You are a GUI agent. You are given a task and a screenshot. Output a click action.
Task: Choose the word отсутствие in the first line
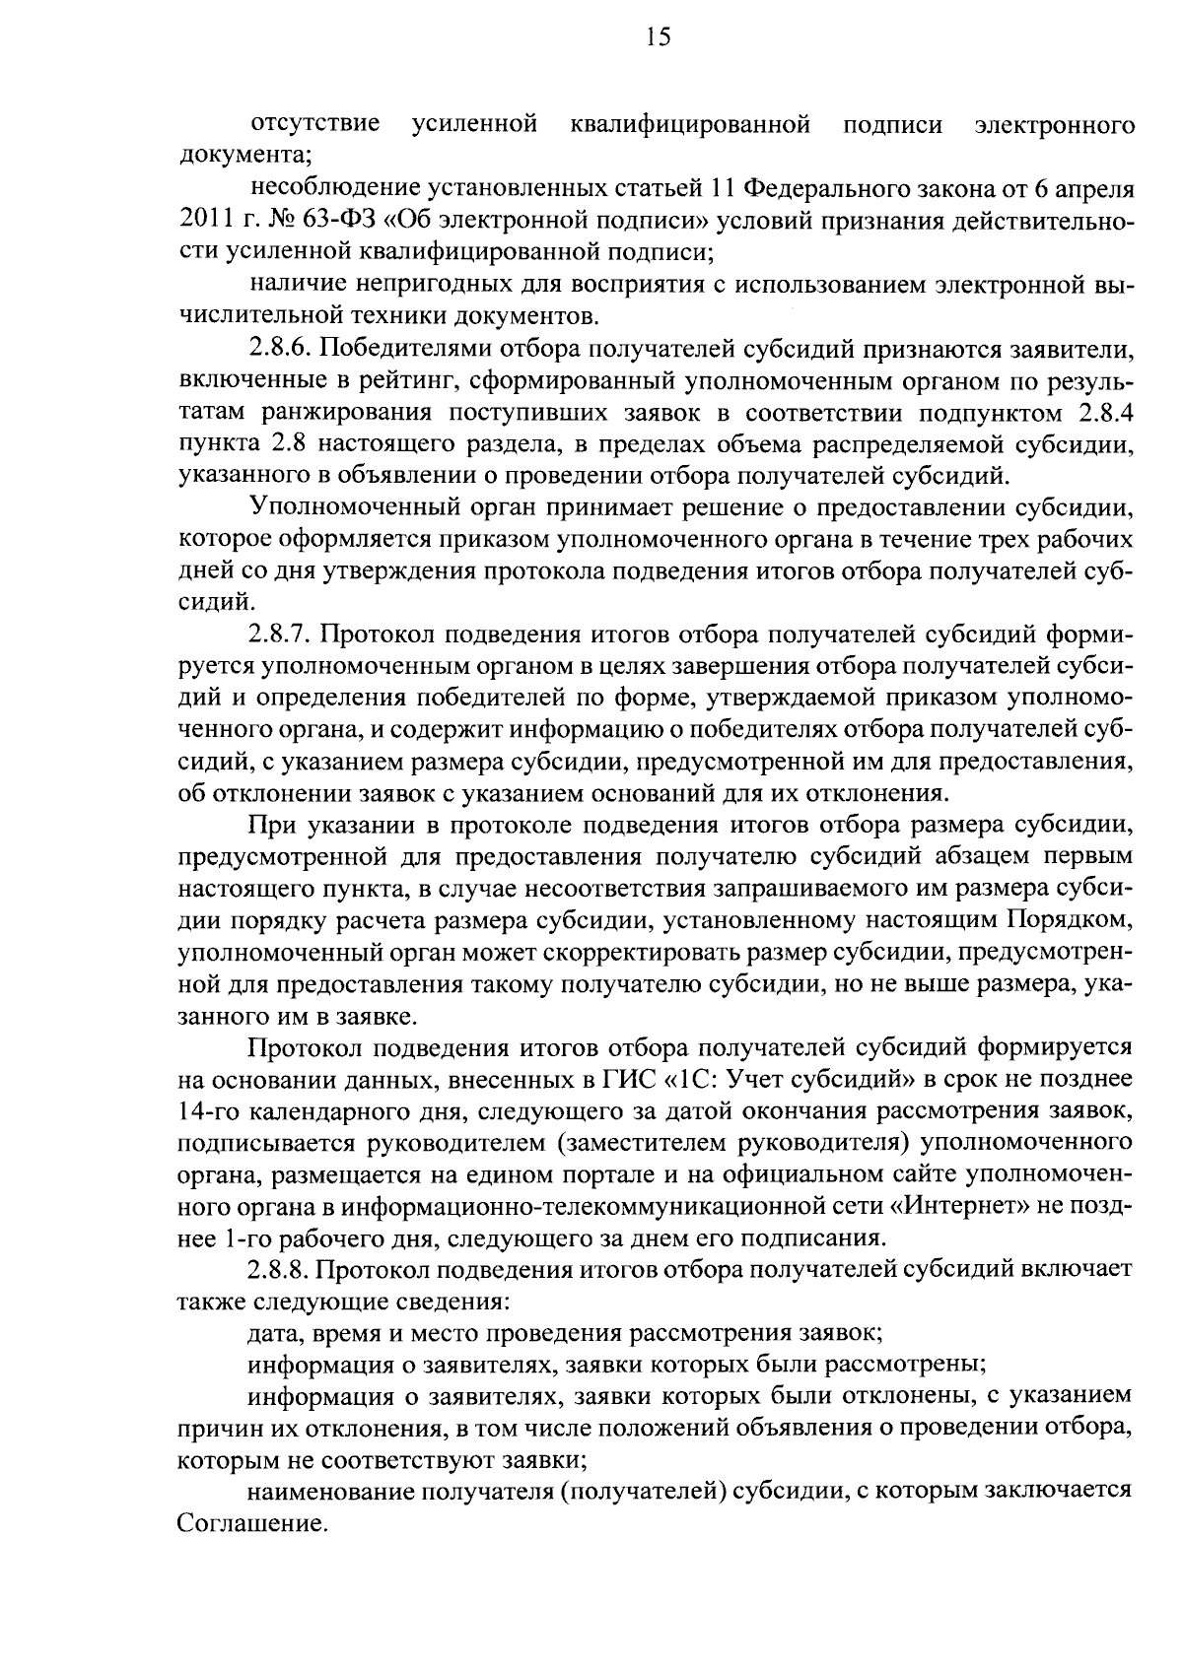pyautogui.click(x=316, y=124)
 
